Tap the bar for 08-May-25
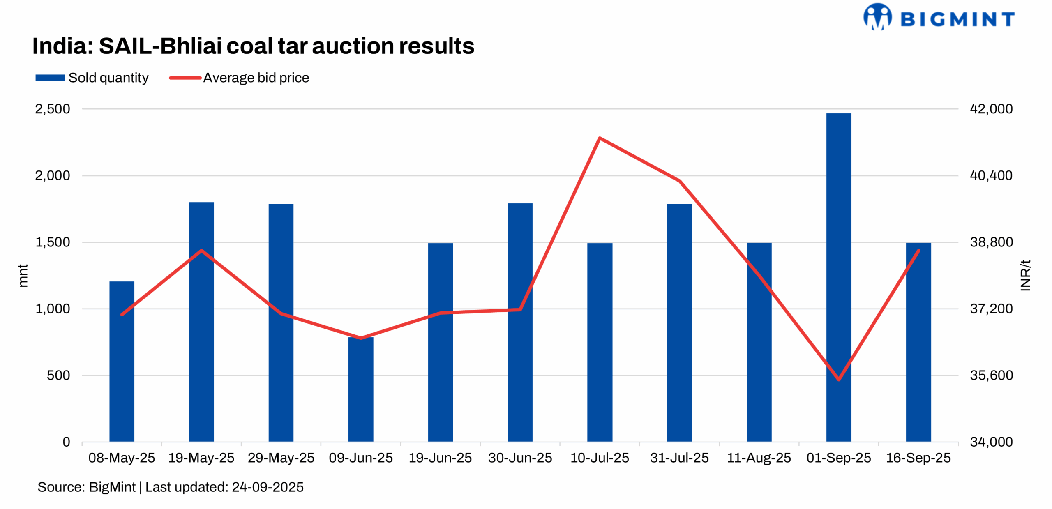pos(122,361)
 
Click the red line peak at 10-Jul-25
pos(600,138)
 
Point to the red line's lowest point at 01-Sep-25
pos(838,379)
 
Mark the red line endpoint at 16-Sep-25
pos(918,251)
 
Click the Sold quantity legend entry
pos(92,78)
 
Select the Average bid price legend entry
pos(239,78)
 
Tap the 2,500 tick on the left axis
pos(53,109)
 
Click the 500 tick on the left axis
pos(58,375)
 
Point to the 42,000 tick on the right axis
pos(991,109)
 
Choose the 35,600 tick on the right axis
pos(991,375)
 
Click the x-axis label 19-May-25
pos(201,458)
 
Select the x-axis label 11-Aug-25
pos(759,458)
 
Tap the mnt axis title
pos(23,275)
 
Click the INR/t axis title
pos(1025,275)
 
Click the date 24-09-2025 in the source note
pos(268,487)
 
